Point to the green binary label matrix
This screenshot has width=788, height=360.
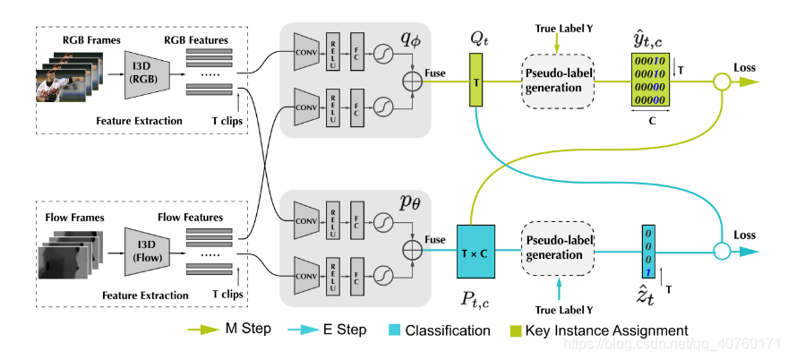tap(646, 81)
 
